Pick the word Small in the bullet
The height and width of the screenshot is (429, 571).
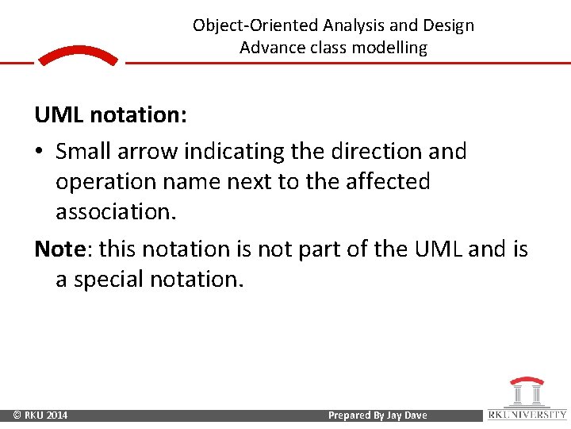[x=84, y=151]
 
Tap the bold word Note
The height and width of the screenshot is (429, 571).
[x=60, y=249]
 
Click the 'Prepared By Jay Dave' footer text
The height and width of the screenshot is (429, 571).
[x=377, y=415]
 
